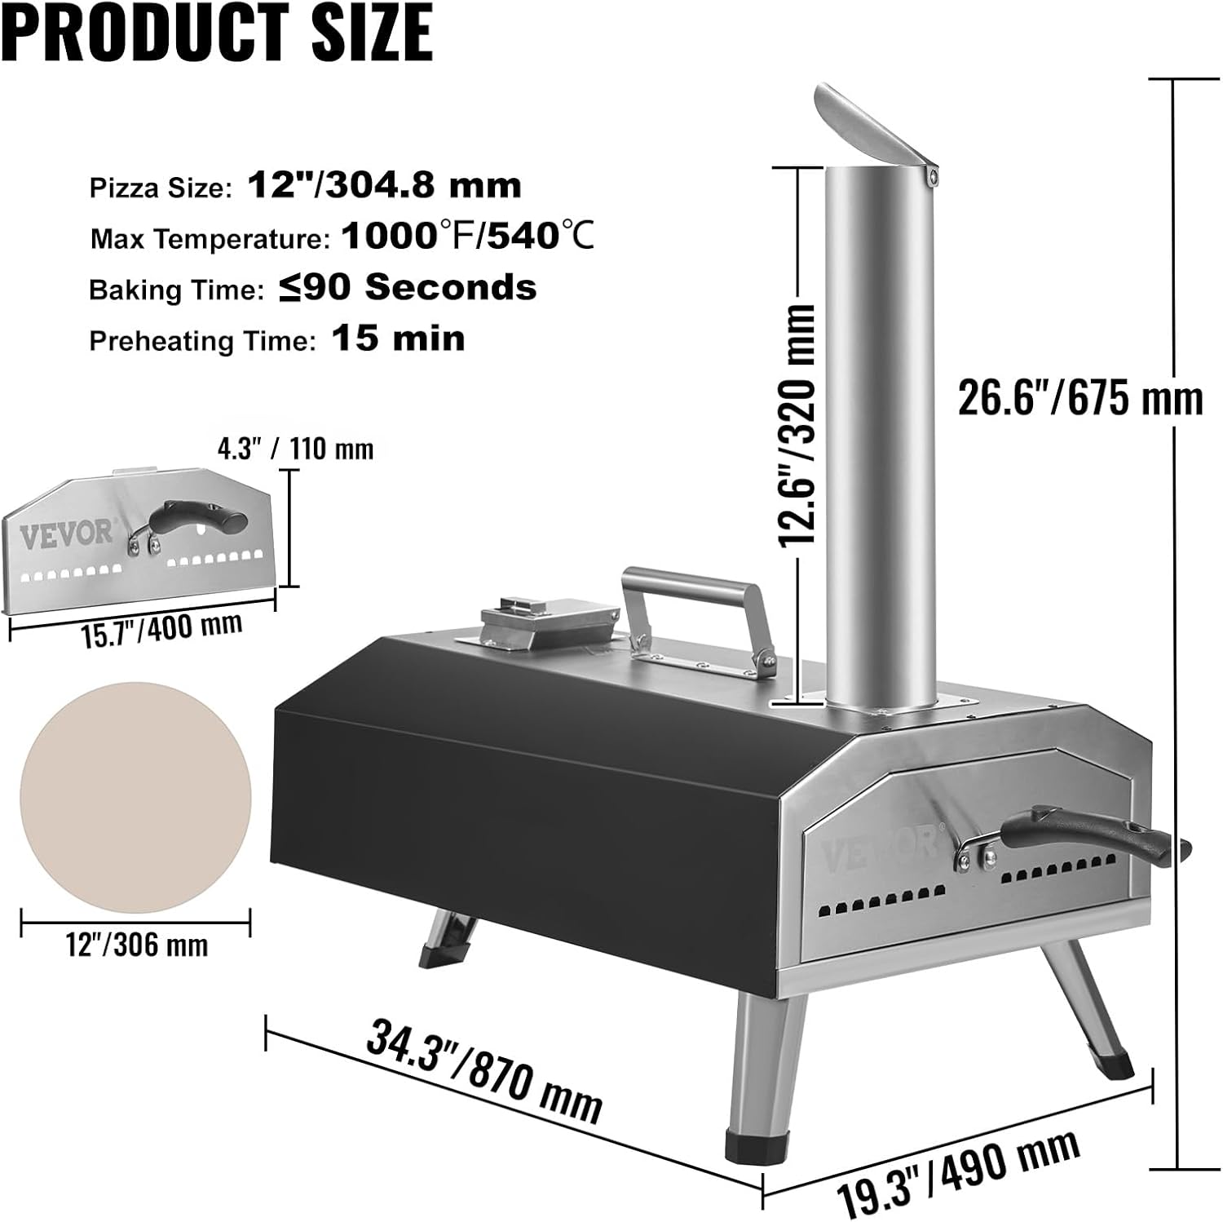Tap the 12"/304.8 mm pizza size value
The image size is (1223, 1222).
[384, 186]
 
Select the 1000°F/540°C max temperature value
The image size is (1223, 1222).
[467, 237]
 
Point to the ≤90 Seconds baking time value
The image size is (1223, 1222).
[408, 288]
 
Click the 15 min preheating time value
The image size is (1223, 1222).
[398, 339]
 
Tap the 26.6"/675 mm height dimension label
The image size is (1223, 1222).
[1080, 399]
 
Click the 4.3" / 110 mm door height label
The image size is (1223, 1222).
[294, 449]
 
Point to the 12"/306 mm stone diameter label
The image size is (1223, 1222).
[136, 945]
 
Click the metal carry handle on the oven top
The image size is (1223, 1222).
[698, 608]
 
